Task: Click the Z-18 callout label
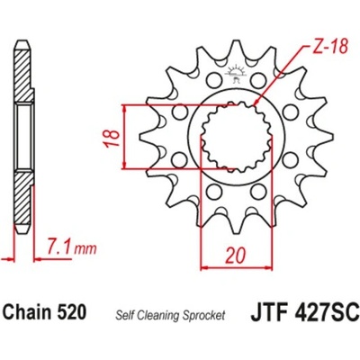[x=328, y=48]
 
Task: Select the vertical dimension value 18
[x=112, y=138]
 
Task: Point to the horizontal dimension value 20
[x=237, y=255]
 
